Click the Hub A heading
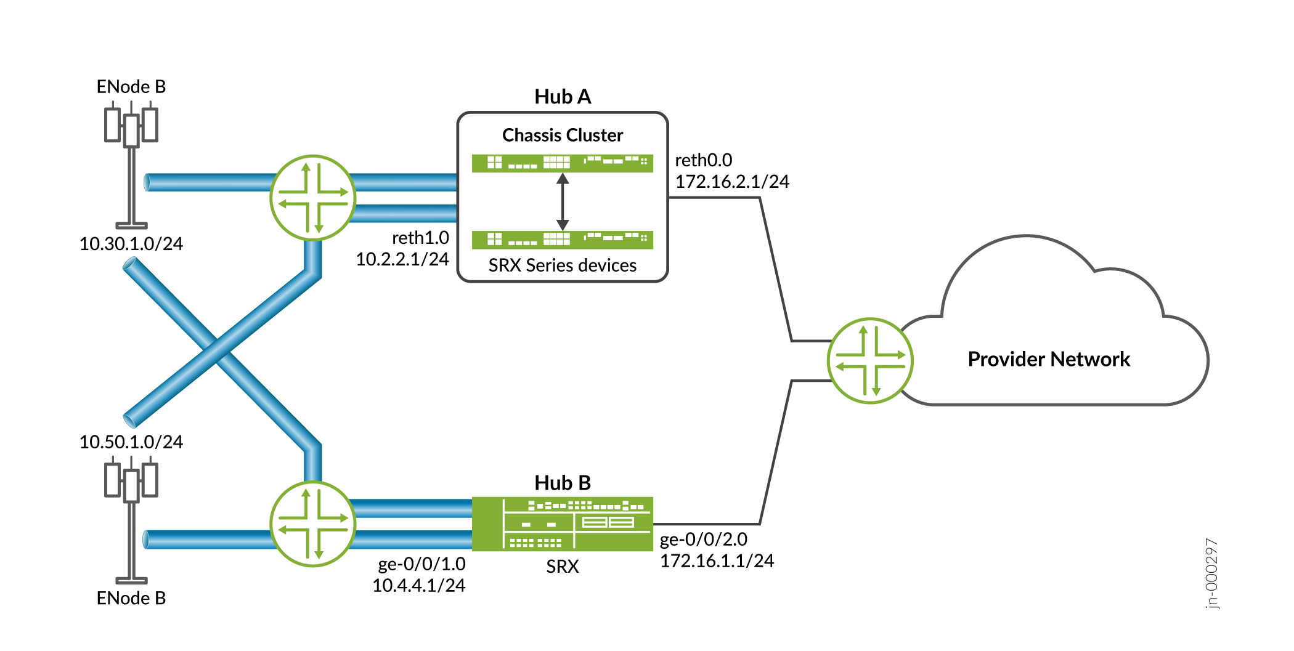(562, 97)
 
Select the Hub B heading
(562, 483)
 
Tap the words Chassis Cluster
(562, 135)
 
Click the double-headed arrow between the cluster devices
(562, 201)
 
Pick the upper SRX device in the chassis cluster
(562, 163)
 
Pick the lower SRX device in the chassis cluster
(562, 239)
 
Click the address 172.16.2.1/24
(731, 182)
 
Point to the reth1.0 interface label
(420, 238)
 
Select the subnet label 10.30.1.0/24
(131, 244)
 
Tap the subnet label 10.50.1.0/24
(131, 442)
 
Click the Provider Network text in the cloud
(1048, 359)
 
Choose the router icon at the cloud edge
(869, 360)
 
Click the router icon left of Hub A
(313, 197)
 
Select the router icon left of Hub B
(313, 524)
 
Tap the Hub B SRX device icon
(562, 524)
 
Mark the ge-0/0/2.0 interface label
(703, 540)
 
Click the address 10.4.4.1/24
(418, 586)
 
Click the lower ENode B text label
(131, 599)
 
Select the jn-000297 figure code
(1211, 573)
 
